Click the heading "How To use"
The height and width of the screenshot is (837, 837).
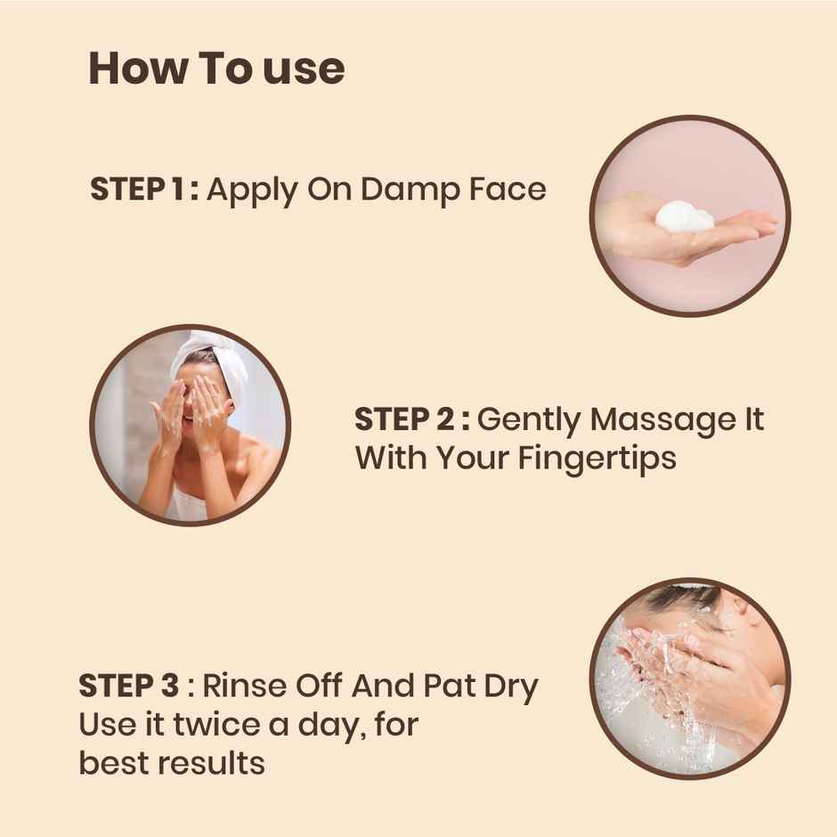pyautogui.click(x=216, y=69)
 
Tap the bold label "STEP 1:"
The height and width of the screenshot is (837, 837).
pyautogui.click(x=144, y=190)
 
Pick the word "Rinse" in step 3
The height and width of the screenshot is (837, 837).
pyautogui.click(x=241, y=687)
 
